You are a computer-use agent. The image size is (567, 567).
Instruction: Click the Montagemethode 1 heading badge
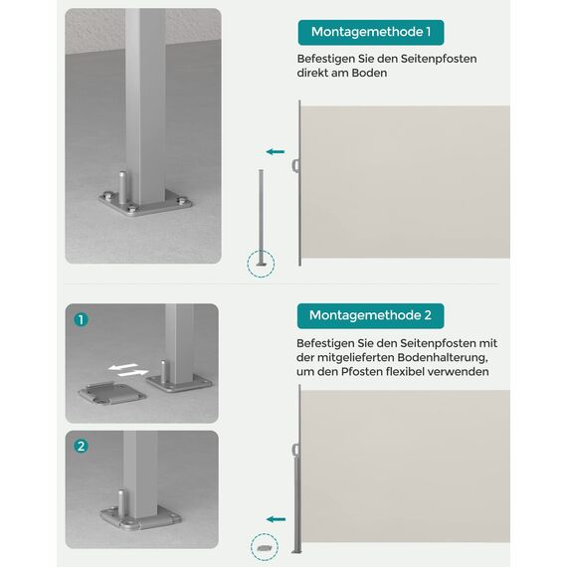point(370,33)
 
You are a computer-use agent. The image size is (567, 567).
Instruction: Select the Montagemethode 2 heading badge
point(370,315)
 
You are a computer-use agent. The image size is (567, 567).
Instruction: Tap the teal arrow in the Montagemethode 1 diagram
point(276,152)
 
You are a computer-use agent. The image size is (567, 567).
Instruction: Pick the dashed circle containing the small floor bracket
point(264,546)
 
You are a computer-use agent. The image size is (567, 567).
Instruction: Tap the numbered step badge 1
point(82,320)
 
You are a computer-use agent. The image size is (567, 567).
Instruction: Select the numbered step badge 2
point(82,446)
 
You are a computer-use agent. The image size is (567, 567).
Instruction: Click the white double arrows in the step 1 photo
point(124,369)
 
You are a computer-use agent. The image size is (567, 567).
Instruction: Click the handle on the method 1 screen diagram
point(294,165)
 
